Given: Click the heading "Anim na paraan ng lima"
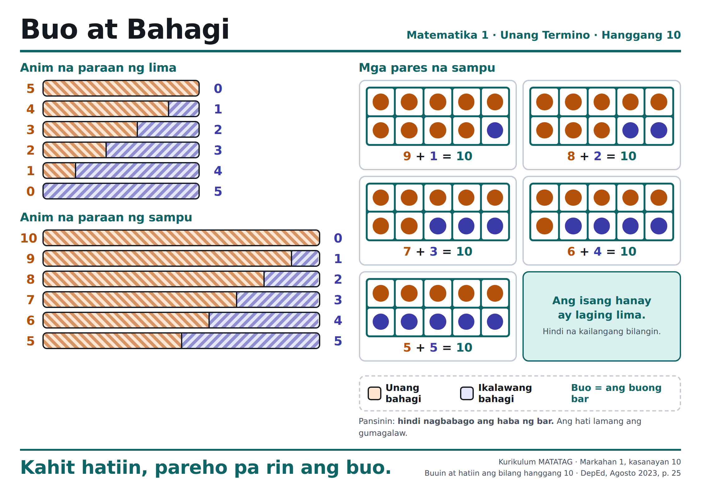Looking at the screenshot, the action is (98, 68).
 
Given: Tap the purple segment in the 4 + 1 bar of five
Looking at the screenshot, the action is (184, 109).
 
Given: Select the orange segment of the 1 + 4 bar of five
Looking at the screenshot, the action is (59, 171).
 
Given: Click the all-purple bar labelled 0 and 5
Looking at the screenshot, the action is (121, 191).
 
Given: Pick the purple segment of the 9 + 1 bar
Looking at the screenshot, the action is (306, 258).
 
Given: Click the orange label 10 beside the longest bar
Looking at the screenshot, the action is (29, 238).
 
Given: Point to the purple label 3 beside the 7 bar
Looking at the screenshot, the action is (338, 300).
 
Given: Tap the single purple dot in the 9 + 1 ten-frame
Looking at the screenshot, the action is (495, 130).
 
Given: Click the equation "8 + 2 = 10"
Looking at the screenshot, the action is (601, 156).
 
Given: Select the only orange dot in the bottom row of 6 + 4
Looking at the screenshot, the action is (544, 226).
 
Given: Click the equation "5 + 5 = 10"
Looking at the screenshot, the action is (438, 348).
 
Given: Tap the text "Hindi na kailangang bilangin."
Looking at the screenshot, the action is (601, 331).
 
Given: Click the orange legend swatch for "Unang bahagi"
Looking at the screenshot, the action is (375, 393).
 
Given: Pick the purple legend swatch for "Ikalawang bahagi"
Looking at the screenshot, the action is (467, 393).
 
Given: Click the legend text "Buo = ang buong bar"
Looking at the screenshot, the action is (616, 393).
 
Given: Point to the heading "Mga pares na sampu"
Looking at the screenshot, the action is (427, 68).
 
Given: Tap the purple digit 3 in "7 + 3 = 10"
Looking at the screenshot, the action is (434, 252).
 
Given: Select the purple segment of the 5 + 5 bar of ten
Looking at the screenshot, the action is (251, 341).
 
